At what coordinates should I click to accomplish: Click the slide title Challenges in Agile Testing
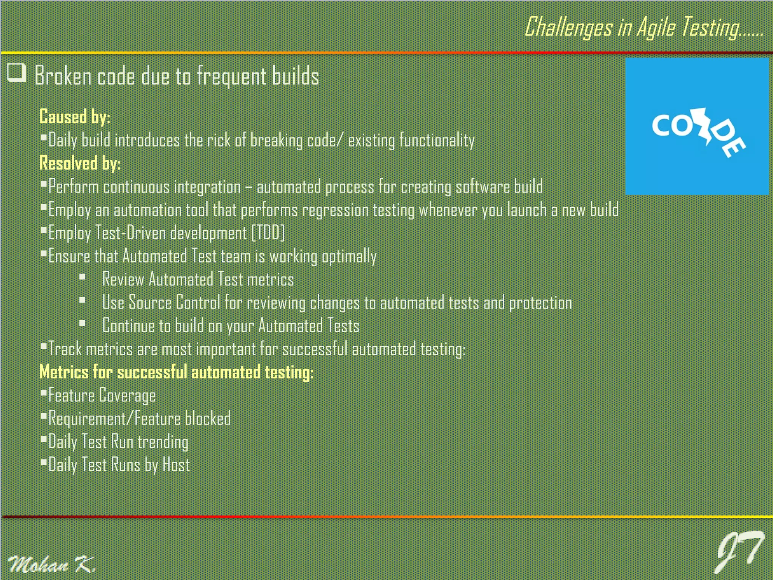point(644,27)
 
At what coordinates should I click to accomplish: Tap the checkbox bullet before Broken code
point(17,72)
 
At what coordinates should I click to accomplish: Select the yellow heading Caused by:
point(75,117)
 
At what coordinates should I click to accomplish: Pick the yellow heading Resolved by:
point(80,163)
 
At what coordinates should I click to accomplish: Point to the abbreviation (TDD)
point(268,233)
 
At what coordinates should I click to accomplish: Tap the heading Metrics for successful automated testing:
point(176,372)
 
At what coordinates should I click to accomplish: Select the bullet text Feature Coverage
point(102,395)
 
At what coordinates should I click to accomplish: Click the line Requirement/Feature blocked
point(139,418)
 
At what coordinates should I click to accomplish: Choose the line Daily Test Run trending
point(118,442)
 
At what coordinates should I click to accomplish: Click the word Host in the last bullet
point(176,465)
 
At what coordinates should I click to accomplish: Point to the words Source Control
point(174,302)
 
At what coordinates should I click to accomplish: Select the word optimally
point(349,256)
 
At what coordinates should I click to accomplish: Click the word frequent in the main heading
point(232,76)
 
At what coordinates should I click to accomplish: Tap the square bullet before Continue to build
point(83,324)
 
